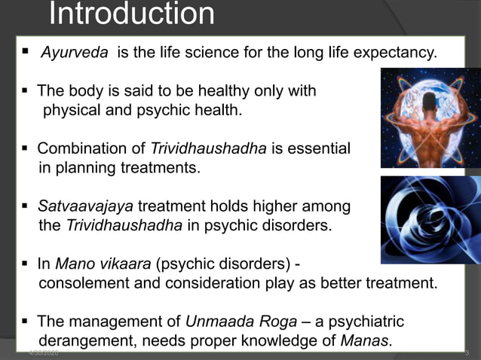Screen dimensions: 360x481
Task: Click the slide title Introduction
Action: click(132, 14)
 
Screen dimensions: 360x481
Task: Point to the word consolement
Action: click(87, 283)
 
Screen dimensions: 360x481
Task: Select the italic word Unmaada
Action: click(215, 322)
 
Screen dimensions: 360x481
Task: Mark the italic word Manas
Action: click(366, 341)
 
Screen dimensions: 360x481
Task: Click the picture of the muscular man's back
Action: click(430, 117)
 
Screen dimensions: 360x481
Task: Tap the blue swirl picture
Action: click(430, 220)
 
